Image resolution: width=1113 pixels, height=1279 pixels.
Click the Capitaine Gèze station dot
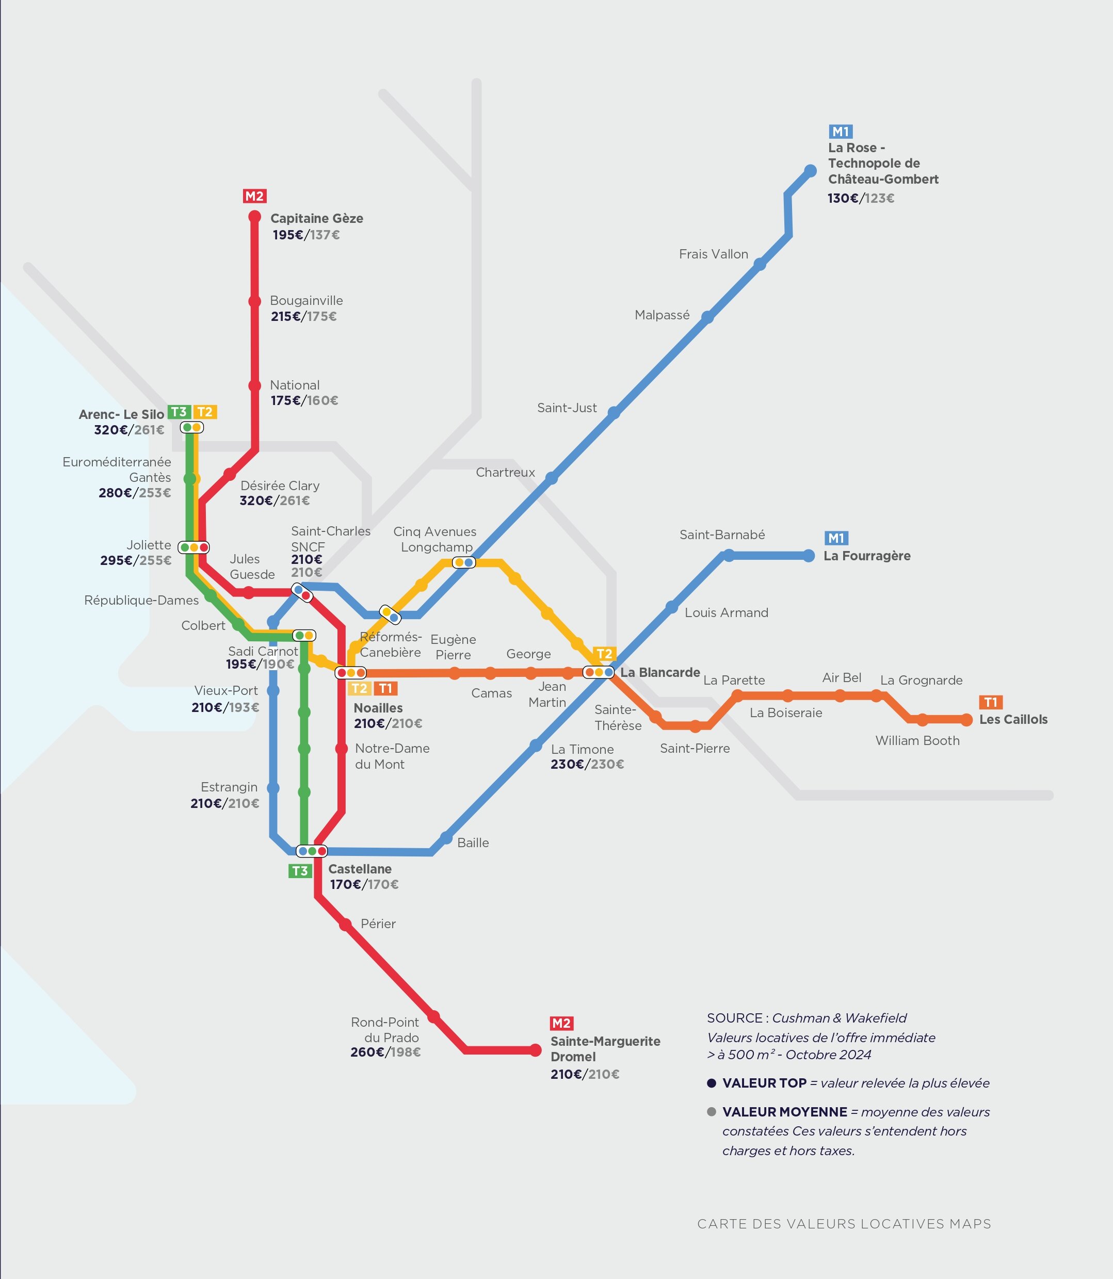coord(255,217)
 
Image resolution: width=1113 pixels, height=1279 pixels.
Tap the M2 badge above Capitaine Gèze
coord(254,196)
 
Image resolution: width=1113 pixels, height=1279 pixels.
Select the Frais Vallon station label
coord(713,254)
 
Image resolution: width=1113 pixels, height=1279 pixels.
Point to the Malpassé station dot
coord(707,317)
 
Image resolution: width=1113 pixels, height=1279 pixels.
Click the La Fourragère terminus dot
coord(809,556)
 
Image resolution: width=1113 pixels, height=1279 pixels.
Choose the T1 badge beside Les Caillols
coord(990,702)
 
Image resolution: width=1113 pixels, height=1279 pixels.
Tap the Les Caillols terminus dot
coord(966,720)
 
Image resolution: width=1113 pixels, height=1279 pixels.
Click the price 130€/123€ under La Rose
coord(860,198)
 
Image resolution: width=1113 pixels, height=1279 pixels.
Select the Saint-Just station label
coord(567,408)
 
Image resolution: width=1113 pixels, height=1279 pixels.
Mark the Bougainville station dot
coord(255,301)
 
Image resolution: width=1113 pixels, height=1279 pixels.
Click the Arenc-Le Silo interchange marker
coord(192,427)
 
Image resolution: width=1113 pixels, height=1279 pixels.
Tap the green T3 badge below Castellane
coord(300,871)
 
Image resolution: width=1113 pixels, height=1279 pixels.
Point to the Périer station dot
coord(346,925)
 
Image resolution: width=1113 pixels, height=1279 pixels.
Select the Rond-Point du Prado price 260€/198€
coord(385,1052)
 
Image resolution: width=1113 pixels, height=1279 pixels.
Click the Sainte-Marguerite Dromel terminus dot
coord(536,1050)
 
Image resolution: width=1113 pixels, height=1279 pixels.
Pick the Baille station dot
coord(446,837)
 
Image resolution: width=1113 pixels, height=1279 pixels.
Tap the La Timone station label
coord(582,750)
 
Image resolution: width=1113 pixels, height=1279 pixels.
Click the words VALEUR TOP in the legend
coord(764,1083)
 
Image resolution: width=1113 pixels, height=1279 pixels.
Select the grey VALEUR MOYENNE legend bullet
coord(712,1112)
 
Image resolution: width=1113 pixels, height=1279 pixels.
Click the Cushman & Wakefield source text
coord(839,1018)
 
